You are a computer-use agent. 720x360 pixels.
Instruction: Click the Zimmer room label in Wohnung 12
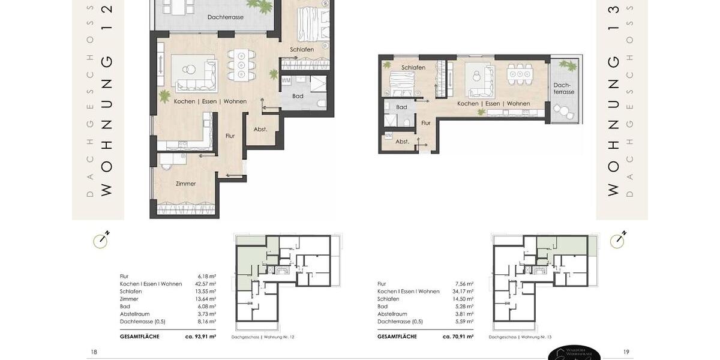click(186, 184)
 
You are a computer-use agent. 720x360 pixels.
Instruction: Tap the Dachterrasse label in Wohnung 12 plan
click(225, 17)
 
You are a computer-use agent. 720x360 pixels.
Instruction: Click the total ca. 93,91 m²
click(200, 337)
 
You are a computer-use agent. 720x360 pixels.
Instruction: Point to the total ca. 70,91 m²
click(458, 337)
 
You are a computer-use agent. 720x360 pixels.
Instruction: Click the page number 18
click(94, 352)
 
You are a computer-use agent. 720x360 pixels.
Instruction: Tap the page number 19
click(626, 352)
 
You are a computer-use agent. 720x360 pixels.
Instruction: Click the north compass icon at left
click(101, 240)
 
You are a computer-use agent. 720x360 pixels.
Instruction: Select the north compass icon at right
click(618, 240)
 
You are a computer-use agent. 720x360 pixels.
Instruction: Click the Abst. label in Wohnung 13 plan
click(402, 142)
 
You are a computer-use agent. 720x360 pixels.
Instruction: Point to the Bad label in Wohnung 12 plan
click(298, 96)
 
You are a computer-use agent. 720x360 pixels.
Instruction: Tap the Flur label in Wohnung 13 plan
click(426, 123)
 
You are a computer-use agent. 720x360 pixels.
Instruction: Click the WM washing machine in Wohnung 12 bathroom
click(286, 80)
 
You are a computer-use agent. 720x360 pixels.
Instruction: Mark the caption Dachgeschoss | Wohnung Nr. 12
click(263, 337)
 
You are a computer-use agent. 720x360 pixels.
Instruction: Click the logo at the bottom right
click(574, 353)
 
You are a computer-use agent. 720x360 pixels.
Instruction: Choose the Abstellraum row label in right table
click(393, 314)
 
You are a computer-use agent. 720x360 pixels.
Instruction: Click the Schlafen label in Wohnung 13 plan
click(413, 68)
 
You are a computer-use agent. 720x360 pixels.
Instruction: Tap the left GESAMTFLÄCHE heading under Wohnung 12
click(140, 337)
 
